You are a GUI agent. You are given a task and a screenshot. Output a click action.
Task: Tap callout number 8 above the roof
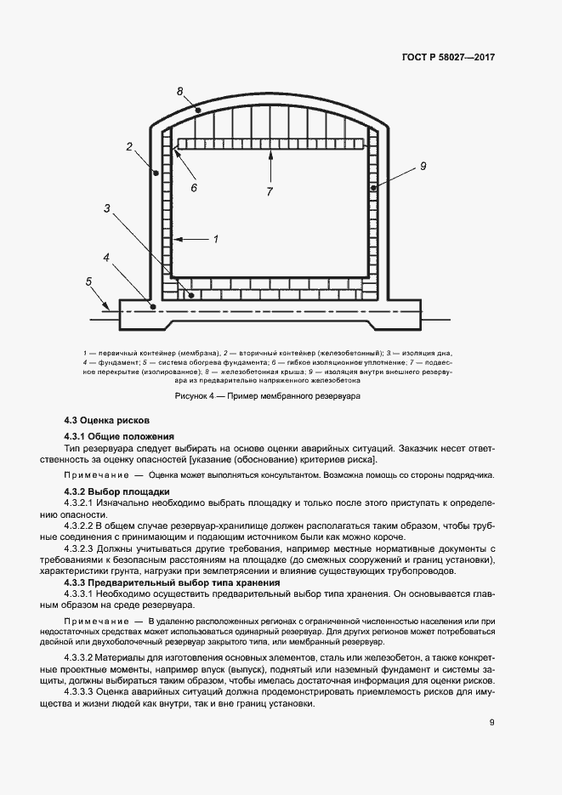point(179,91)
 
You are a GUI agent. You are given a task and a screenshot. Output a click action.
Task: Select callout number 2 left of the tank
point(129,146)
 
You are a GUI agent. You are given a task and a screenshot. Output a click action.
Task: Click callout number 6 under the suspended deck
point(193,187)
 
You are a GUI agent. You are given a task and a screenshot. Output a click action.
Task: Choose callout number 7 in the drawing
point(270,192)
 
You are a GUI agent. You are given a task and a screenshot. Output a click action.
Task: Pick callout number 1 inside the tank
point(216,240)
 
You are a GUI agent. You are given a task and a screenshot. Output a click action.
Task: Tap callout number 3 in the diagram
point(107,207)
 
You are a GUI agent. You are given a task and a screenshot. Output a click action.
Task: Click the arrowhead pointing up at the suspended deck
point(270,154)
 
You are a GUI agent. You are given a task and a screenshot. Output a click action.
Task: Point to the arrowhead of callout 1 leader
point(176,241)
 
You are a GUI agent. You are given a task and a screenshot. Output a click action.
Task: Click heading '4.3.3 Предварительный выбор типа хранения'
point(173,582)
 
